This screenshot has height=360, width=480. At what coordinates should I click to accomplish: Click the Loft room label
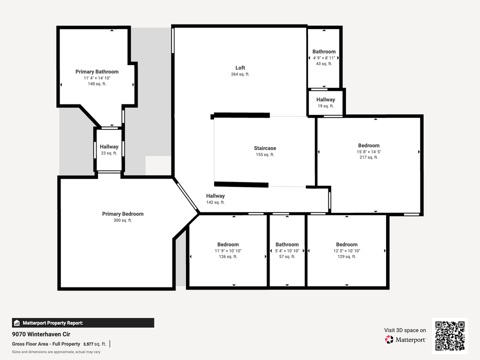(x=240, y=67)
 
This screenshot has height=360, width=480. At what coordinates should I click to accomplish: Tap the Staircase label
(x=265, y=148)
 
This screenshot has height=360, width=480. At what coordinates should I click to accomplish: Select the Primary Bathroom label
(x=97, y=71)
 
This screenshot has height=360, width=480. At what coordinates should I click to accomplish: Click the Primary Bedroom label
(x=123, y=214)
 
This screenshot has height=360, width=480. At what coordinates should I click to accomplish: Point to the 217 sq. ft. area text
(x=369, y=157)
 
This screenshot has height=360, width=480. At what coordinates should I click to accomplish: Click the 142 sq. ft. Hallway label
(x=215, y=196)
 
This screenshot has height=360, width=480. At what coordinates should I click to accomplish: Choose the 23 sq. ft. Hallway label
(x=109, y=146)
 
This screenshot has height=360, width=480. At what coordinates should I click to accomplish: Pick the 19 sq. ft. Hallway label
(x=325, y=99)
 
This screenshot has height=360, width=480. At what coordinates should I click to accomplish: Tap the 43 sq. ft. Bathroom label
(x=324, y=51)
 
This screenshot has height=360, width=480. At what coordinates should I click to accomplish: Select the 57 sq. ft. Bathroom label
(x=287, y=244)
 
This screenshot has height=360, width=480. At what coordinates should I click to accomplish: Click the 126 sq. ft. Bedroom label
(x=228, y=244)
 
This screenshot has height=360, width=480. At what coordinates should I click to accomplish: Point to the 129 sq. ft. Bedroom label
(x=347, y=244)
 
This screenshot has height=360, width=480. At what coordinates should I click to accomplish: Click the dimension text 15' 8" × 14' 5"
(x=369, y=152)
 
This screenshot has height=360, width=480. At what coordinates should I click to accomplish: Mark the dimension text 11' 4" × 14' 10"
(x=97, y=78)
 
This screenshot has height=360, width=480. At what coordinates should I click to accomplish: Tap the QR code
(x=450, y=336)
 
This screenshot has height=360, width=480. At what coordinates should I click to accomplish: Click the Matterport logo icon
(x=389, y=339)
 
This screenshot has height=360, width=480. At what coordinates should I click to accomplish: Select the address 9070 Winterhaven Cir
(x=41, y=334)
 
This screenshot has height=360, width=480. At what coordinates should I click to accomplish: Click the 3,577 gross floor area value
(x=88, y=344)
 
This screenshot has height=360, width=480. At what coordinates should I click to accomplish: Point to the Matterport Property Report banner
(x=83, y=323)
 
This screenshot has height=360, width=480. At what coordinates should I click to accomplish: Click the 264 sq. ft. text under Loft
(x=240, y=74)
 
